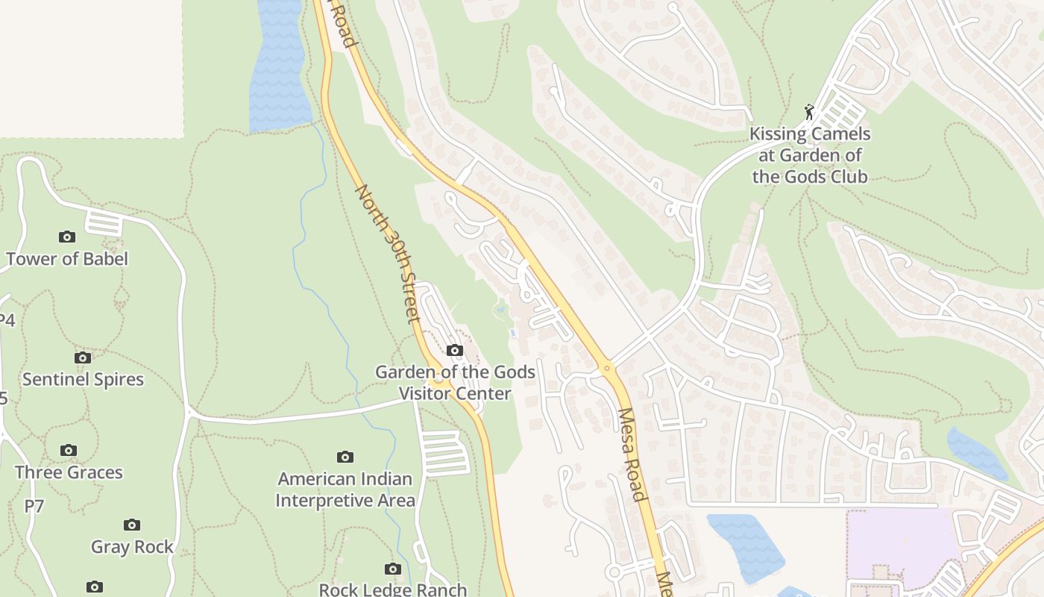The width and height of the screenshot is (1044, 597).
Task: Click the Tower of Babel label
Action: tap(67, 259)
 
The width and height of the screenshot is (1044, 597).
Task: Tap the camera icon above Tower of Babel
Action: tap(67, 237)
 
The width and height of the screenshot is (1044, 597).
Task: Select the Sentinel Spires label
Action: tap(83, 379)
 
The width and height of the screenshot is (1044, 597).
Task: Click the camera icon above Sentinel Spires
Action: tap(83, 357)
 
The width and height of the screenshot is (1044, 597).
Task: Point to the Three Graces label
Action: tap(69, 472)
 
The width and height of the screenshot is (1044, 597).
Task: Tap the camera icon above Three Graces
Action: tap(69, 450)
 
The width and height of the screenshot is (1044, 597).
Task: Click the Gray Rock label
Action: tap(132, 547)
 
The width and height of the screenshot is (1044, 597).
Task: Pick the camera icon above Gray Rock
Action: tap(132, 525)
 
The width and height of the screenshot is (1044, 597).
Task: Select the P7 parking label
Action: tap(34, 506)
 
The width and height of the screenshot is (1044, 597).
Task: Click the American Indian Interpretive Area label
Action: tap(345, 490)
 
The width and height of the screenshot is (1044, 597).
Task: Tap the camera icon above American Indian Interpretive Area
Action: tap(345, 457)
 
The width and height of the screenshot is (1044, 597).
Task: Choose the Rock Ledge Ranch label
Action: tap(393, 590)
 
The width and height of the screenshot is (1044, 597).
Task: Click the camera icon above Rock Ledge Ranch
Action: tap(393, 569)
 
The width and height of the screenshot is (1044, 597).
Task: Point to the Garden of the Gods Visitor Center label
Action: tap(455, 382)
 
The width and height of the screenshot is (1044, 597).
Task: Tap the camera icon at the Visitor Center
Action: tap(454, 350)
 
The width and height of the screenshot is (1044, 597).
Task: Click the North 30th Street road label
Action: tap(388, 254)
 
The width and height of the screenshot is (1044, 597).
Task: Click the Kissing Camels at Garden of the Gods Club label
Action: tap(810, 155)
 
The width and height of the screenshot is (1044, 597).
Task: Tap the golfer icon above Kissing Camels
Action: tap(809, 112)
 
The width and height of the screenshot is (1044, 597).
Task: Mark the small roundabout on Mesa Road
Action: tap(607, 367)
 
